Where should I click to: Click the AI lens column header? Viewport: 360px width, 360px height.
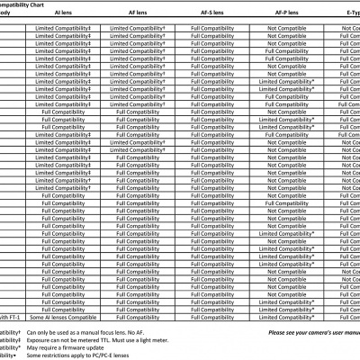coord(63,15)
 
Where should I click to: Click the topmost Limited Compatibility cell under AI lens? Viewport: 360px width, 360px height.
coord(63,30)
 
